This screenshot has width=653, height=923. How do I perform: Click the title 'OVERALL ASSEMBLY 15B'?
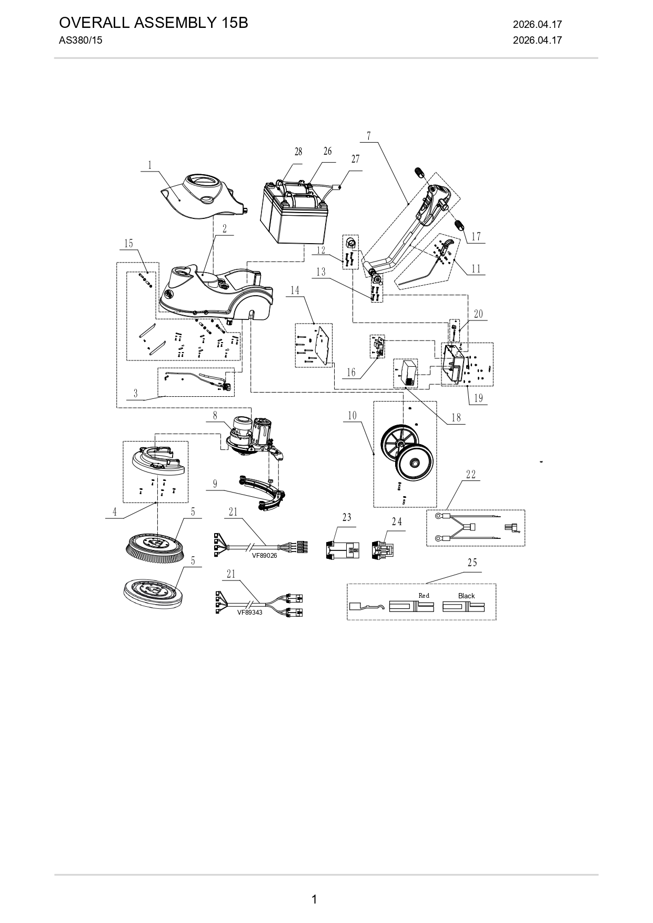tap(153, 23)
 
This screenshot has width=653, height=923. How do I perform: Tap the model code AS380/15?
tap(81, 41)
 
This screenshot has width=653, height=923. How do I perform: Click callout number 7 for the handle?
tap(369, 136)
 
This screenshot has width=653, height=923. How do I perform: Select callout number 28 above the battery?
tap(298, 152)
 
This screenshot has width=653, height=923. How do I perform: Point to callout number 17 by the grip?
tap(476, 237)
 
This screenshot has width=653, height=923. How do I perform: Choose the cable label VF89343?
tap(249, 612)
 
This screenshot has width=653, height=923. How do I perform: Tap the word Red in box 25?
tap(424, 596)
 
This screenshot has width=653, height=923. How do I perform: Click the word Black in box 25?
tap(466, 596)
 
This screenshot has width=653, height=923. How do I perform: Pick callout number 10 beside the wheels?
tap(352, 416)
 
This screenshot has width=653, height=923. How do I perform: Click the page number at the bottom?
tap(314, 899)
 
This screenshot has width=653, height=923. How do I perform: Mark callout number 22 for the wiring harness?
tap(470, 475)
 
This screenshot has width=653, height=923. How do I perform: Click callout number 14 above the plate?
tap(295, 290)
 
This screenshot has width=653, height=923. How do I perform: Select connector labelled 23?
tap(343, 550)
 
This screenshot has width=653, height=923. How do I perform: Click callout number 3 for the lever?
tap(135, 394)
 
